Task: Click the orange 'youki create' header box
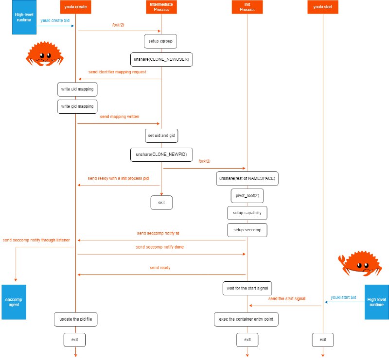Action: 75,7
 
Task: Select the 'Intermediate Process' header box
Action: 161,7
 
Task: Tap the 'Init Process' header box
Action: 247,7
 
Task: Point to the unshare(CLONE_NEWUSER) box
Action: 161,59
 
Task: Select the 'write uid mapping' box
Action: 77,89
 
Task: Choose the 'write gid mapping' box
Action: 77,106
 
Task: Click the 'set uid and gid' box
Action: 161,136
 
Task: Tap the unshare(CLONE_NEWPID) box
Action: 161,154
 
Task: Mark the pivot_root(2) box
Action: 247,196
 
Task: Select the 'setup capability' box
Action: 247,213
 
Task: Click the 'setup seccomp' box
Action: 247,229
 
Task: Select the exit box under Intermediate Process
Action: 161,202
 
